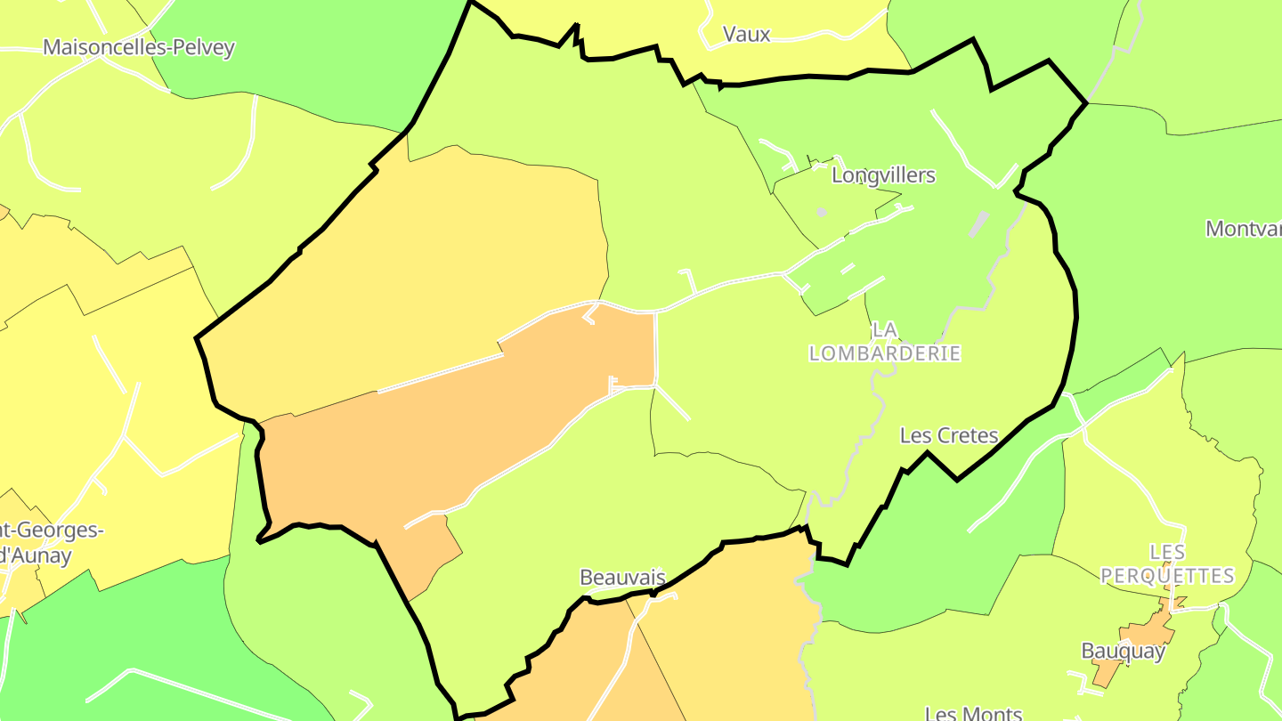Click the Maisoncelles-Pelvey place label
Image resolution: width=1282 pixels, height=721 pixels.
139,47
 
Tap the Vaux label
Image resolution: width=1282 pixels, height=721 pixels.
746,35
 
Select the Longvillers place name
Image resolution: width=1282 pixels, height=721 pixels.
883,175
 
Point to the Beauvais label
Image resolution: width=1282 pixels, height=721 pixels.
622,578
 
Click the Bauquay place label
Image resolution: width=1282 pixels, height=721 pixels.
1123,651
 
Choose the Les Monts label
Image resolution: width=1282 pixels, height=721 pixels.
973,713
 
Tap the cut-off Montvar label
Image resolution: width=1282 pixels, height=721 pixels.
1243,229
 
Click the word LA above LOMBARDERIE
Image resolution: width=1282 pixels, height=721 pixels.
885,330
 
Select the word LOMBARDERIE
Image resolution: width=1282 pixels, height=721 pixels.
885,353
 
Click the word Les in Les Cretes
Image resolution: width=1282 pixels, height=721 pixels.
916,436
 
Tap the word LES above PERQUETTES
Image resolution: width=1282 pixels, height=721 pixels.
1167,553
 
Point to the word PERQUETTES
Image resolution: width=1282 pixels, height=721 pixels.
1167,576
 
